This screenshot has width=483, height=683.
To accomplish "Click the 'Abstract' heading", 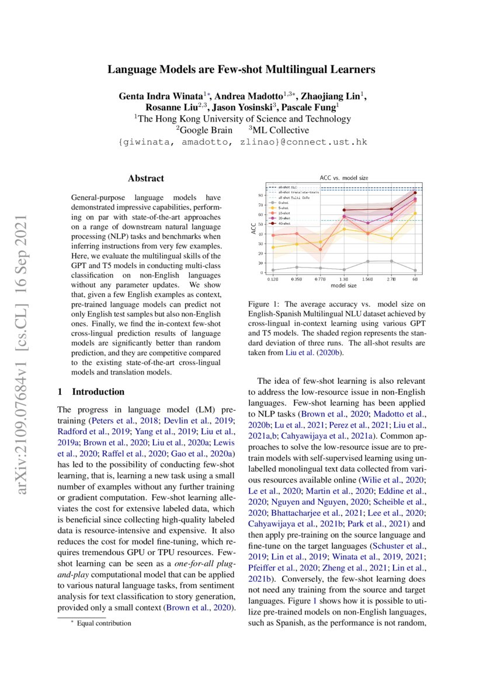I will click(x=146, y=178).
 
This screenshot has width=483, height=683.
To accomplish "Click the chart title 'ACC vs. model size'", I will click(x=344, y=177).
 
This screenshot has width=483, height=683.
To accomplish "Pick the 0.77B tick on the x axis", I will click(x=321, y=280).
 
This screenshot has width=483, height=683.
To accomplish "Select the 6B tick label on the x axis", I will click(x=415, y=280).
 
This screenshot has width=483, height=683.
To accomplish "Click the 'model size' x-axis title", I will click(x=344, y=286).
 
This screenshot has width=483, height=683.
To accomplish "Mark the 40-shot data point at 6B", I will click(x=415, y=192).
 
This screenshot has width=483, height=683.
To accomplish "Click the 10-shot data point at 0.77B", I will click(x=321, y=249).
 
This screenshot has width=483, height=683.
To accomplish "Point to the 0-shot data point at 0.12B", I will click(x=273, y=270).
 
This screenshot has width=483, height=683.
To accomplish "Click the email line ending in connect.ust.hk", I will click(x=242, y=142).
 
